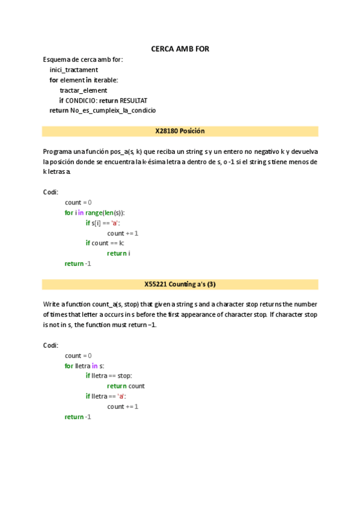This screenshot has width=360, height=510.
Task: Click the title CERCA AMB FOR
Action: point(180,49)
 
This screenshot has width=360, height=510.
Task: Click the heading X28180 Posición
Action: point(180,131)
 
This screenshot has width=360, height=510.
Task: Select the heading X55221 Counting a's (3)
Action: point(180,284)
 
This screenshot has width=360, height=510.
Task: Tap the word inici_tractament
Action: point(73,70)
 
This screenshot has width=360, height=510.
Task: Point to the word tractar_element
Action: point(84,90)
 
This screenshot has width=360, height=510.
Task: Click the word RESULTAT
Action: point(133,100)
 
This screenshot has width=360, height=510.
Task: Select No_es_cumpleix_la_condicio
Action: point(113,111)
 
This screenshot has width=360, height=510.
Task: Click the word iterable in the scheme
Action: point(105,80)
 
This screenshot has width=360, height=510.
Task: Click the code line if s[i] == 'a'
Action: point(103,223)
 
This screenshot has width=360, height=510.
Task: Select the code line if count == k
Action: point(105,243)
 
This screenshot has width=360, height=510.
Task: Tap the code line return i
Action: point(118,253)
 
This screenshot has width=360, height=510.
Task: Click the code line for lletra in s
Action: point(84,366)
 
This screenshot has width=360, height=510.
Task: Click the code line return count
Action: point(126,386)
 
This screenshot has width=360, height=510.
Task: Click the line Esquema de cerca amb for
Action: point(83,60)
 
